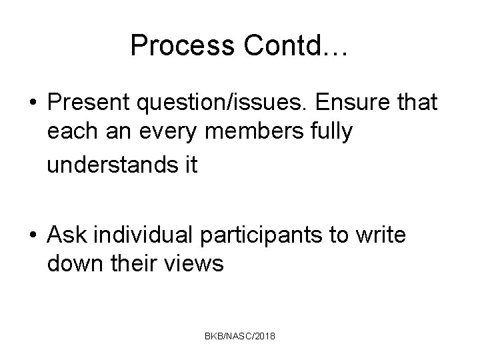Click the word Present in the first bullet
[89, 103]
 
